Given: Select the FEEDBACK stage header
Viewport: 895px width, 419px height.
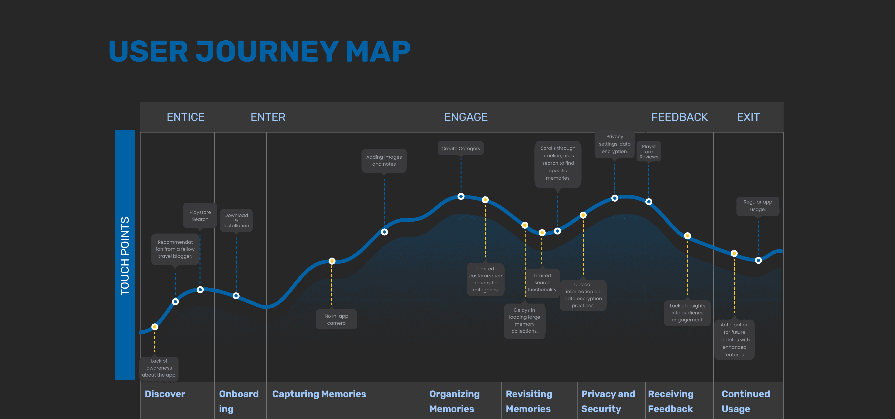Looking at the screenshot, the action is (679, 117).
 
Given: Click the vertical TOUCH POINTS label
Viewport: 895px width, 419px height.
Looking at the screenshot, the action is (125, 256).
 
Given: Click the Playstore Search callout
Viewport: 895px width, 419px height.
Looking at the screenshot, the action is (200, 216).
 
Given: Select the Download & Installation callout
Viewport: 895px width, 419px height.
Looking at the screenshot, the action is (236, 220).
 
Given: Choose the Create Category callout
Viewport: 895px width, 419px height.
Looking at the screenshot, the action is (461, 148).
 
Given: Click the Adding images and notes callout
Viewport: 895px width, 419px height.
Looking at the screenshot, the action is (384, 161).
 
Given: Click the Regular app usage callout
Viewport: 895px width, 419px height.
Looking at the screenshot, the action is (757, 206).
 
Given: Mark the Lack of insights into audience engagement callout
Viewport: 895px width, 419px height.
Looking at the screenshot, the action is (687, 313).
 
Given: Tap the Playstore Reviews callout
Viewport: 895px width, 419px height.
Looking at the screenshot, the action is (649, 152).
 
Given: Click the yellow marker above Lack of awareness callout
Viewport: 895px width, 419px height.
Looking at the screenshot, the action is (155, 327).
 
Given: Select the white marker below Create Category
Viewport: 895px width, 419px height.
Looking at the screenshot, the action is (461, 196).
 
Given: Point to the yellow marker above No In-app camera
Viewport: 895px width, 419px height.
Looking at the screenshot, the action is (332, 261).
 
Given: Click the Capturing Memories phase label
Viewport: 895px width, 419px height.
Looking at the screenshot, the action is (319, 394).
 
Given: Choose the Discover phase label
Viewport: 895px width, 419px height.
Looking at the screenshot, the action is (165, 394).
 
